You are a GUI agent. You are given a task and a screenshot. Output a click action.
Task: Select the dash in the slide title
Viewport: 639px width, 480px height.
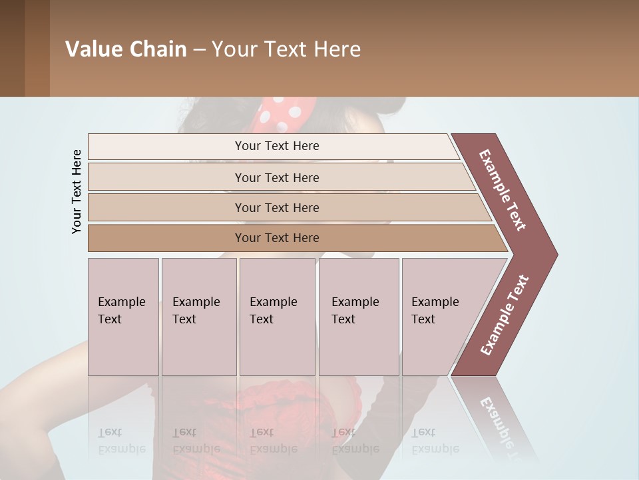pos(199,50)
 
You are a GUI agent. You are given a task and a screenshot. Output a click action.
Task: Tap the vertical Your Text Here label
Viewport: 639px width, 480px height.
pos(77,192)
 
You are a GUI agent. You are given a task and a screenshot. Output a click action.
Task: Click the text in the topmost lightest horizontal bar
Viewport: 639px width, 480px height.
pos(277,146)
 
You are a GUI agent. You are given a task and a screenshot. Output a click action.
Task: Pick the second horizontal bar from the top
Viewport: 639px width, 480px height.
pos(277,177)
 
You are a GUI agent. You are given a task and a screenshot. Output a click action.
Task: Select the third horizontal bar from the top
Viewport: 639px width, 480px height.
pos(277,208)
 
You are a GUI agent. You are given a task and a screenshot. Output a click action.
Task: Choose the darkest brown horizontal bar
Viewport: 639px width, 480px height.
pos(277,238)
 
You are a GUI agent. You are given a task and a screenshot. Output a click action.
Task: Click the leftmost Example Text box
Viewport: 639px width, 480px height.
pos(122,317)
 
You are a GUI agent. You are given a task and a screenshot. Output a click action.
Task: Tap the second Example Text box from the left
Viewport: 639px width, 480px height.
pos(198,317)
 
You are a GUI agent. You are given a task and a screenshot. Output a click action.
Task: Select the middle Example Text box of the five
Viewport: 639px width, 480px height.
pos(276,317)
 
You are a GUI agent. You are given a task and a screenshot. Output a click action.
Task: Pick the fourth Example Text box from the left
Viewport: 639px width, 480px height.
pos(358,317)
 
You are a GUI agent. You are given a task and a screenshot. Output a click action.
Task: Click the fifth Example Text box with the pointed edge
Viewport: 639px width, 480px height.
pos(439,317)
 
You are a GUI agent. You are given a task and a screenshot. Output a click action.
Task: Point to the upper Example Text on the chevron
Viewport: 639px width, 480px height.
pos(503,190)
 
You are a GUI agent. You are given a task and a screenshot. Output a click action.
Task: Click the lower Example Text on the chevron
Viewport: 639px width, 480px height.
pos(504,315)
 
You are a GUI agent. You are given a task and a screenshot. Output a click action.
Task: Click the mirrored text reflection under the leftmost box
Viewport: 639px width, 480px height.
pos(122,441)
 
